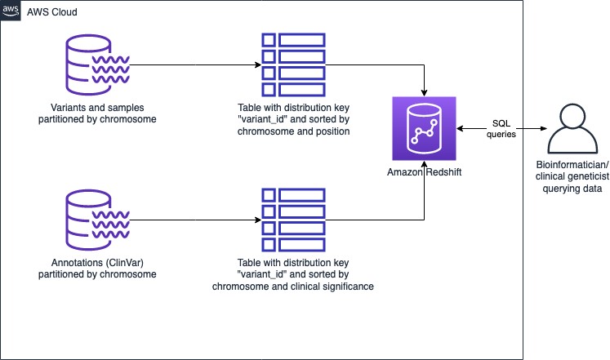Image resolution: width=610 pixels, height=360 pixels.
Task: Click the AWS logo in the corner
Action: (11, 11)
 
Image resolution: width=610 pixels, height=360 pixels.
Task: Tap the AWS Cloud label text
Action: (51, 12)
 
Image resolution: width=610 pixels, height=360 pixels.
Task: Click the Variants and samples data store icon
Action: (97, 65)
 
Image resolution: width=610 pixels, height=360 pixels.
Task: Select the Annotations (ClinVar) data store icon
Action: (97, 220)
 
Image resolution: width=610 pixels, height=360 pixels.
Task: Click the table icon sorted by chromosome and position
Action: (293, 65)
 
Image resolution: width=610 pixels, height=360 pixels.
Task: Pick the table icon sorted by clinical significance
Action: (293, 220)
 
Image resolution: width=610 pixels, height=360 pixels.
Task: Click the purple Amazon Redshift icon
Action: (424, 129)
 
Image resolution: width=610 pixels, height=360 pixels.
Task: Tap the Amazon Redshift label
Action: (424, 172)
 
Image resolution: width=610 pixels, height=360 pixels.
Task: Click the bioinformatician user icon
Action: (572, 129)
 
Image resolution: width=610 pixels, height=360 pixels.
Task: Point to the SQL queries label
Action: (501, 129)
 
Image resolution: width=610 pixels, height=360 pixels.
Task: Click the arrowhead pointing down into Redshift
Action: (424, 93)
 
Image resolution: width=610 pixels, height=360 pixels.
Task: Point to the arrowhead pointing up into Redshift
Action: (424, 164)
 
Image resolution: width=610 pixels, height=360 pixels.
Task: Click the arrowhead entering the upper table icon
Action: (258, 65)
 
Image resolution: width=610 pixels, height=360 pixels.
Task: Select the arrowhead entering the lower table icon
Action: (258, 220)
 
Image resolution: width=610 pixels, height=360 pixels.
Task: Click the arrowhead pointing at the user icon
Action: (544, 129)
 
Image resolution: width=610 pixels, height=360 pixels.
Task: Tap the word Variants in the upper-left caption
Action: (65, 108)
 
